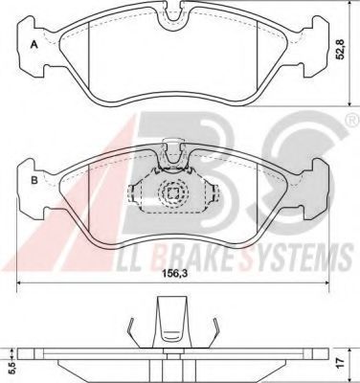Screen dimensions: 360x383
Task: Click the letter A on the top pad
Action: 34,45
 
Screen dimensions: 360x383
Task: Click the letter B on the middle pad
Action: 34,181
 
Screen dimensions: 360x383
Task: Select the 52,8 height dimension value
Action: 341,49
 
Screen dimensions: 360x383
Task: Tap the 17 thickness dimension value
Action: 341,362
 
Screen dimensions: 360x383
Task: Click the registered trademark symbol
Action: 351,121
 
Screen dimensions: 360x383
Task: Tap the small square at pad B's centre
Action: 173,192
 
